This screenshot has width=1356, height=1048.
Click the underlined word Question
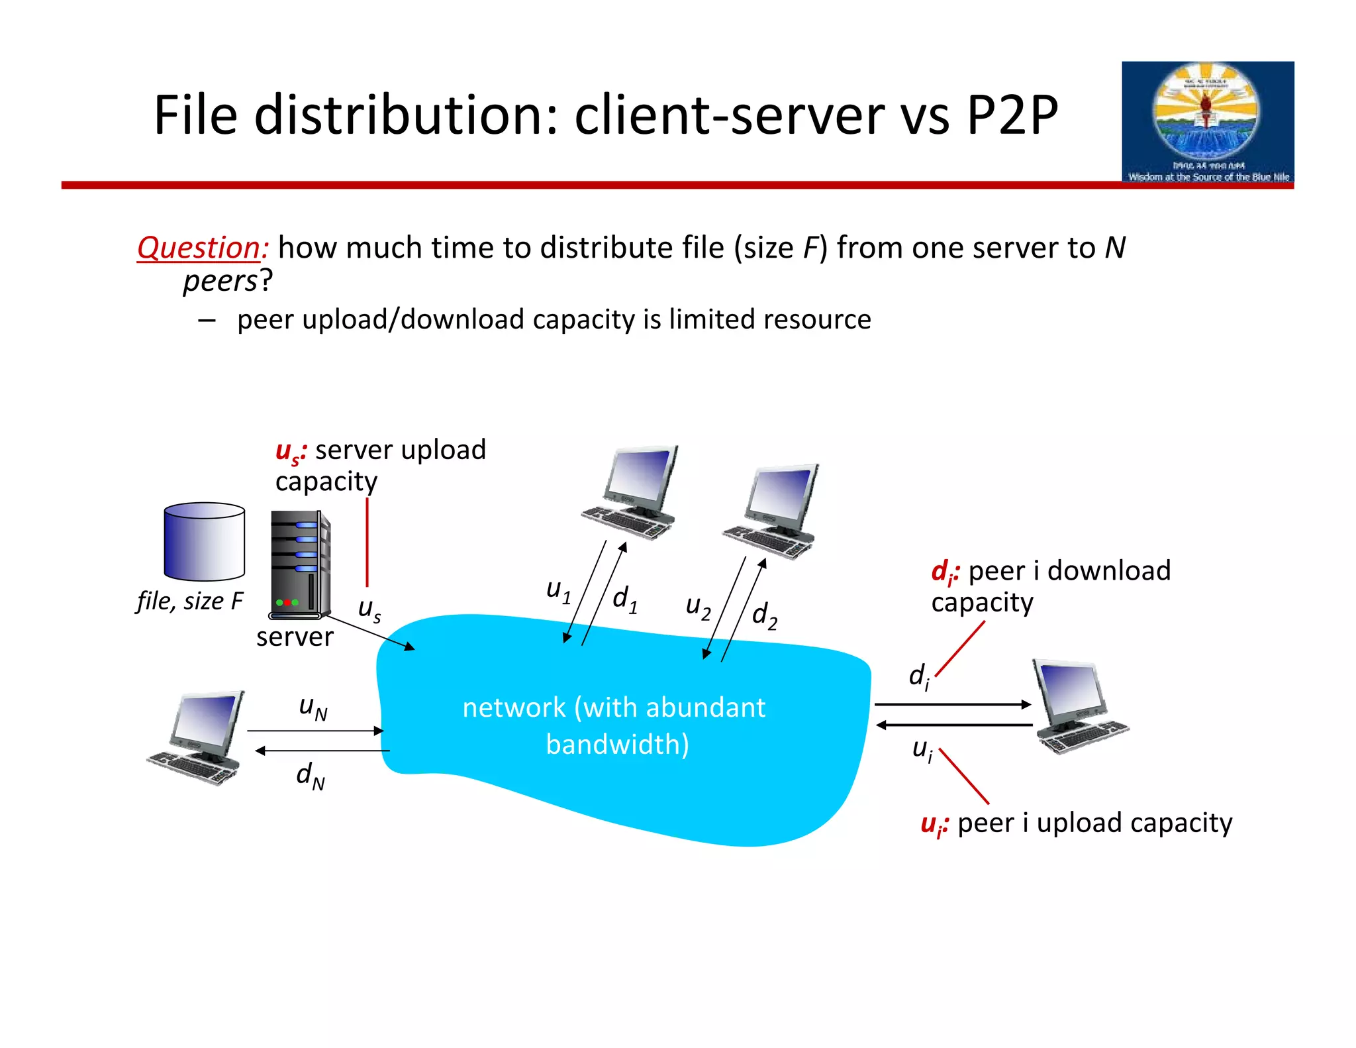[x=201, y=248]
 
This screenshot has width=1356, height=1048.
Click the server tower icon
[x=299, y=564]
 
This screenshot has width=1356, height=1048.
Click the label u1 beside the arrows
[x=558, y=591]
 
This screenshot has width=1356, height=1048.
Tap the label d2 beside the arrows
[x=764, y=615]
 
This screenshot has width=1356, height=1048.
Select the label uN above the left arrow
[x=313, y=707]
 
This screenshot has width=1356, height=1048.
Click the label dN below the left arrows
[x=311, y=775]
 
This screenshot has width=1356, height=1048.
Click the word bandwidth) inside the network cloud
[x=617, y=745]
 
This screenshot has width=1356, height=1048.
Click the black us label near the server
[x=369, y=609]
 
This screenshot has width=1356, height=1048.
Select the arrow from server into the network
[x=369, y=632]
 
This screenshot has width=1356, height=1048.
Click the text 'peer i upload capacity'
[x=1094, y=823]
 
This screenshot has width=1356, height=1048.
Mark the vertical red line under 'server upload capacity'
[x=367, y=542]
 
